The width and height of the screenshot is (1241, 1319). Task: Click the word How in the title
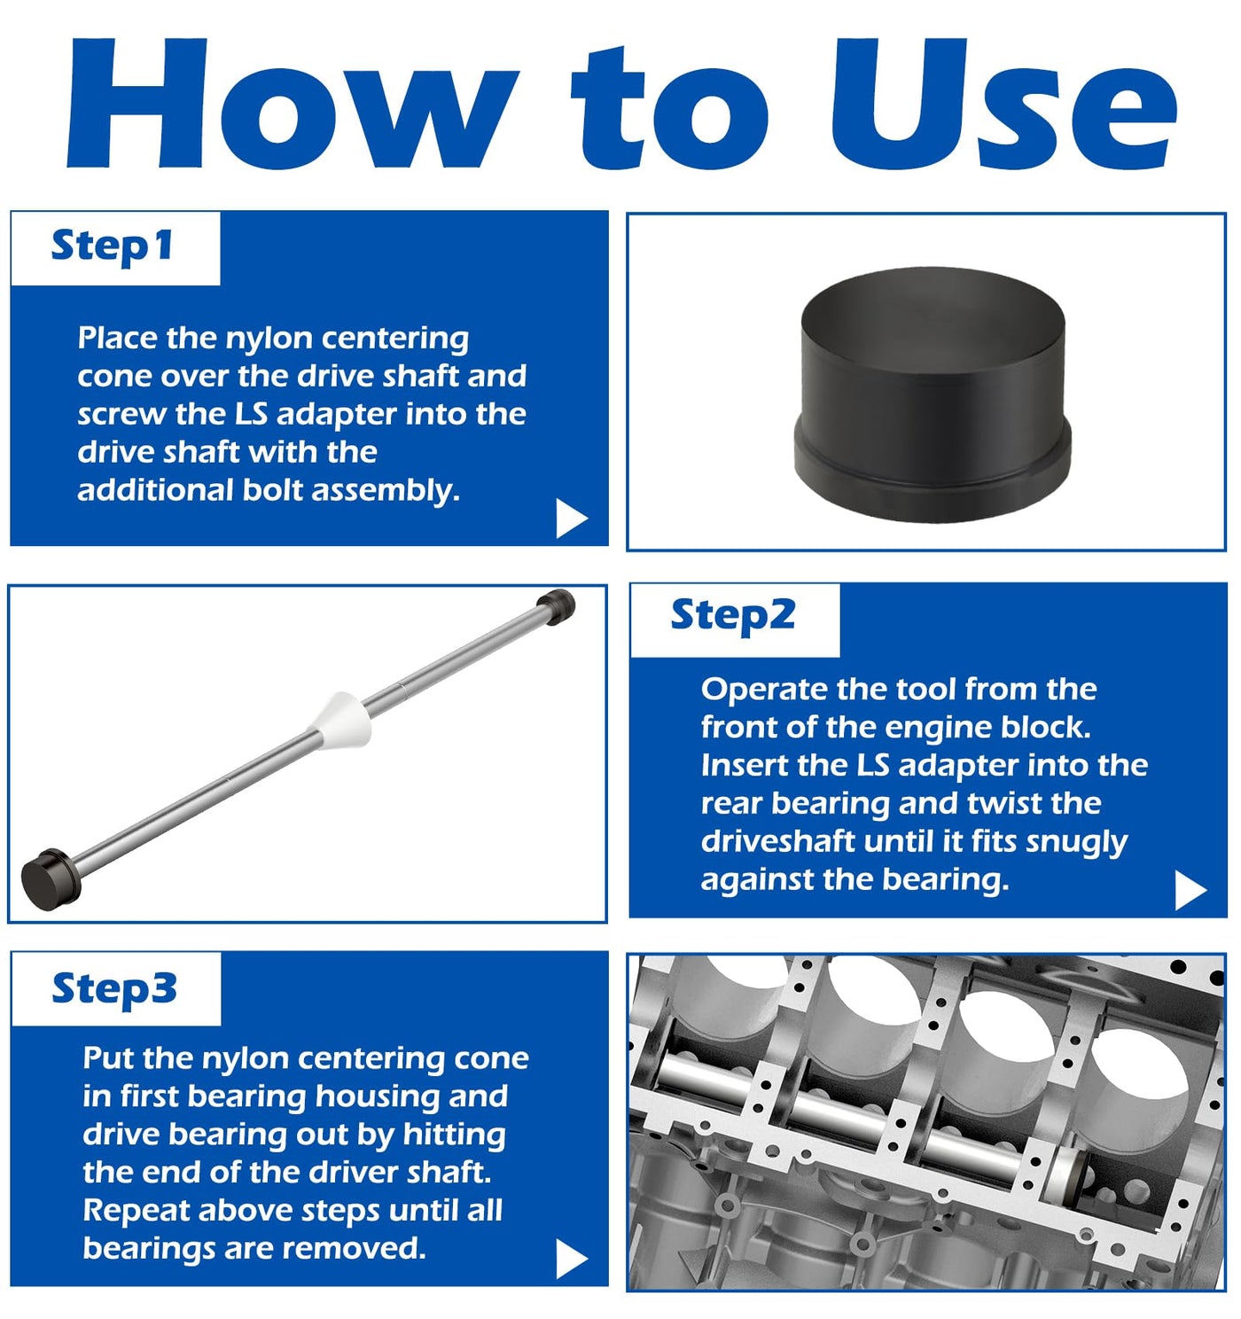pos(293,103)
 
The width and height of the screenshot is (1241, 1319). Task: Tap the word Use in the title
pos(1003,103)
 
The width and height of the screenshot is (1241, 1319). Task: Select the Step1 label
pos(113,246)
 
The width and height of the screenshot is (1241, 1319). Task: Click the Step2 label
pos(733,614)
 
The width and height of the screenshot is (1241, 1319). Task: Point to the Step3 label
pos(114,988)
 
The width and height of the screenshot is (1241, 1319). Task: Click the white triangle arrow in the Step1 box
pos(572,518)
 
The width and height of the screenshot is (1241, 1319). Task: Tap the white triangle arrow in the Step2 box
pos(1190,890)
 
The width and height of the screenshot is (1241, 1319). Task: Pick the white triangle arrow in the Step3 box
pos(572,1259)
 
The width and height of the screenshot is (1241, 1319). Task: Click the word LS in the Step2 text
pos(873,766)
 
